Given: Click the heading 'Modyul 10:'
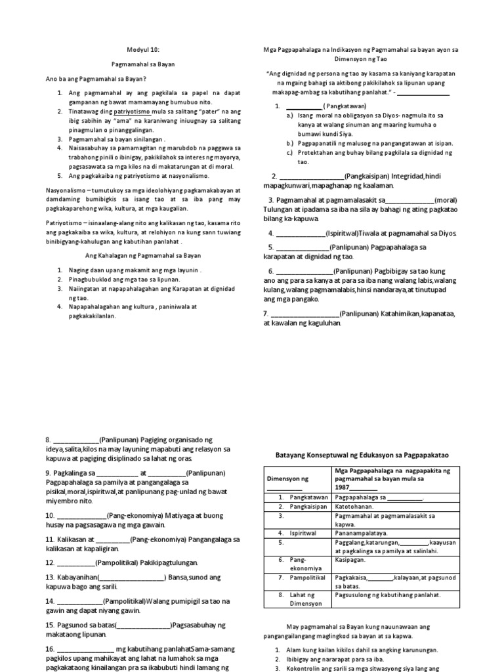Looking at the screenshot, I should click(x=142, y=49).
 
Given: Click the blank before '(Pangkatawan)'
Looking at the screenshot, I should click(x=303, y=106).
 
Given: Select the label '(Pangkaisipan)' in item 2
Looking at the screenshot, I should click(x=366, y=177).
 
